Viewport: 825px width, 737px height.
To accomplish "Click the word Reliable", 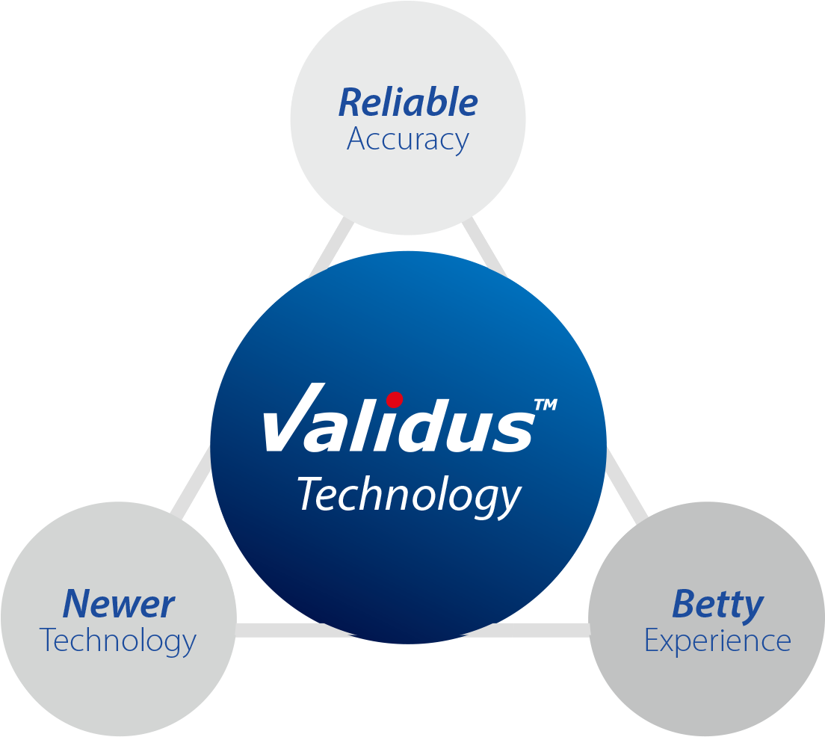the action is (x=408, y=102).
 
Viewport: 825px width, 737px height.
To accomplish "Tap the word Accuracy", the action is (x=408, y=140).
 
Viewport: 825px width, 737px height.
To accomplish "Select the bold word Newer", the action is (x=119, y=604).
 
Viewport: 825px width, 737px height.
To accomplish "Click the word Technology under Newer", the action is (x=118, y=641).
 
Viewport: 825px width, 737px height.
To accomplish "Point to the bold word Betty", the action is (x=717, y=604).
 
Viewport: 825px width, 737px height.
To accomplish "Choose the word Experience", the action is (x=717, y=641).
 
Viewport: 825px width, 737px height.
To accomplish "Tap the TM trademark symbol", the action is (x=545, y=405).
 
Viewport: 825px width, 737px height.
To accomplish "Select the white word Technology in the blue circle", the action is (x=410, y=496).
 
